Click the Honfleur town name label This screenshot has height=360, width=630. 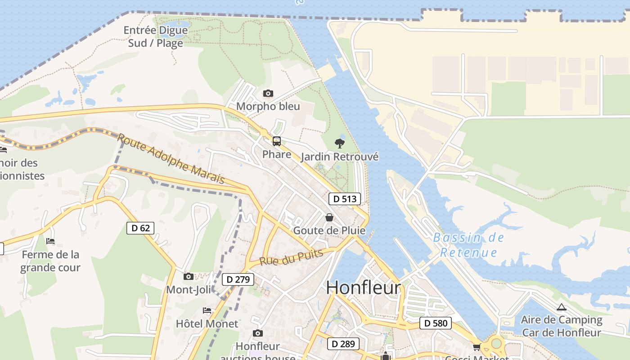(x=363, y=288)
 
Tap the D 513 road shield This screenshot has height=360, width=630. (x=345, y=199)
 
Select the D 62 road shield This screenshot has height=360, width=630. (x=140, y=228)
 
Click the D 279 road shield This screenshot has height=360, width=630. (x=238, y=279)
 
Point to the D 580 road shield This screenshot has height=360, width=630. (x=436, y=323)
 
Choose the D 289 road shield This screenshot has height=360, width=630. (x=343, y=344)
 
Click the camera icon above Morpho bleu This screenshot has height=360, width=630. (x=268, y=94)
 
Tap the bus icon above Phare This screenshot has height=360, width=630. (x=277, y=141)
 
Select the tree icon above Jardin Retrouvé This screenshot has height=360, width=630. (x=340, y=144)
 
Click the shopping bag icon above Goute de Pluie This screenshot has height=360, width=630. (x=329, y=218)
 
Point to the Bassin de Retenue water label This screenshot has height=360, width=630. (x=469, y=245)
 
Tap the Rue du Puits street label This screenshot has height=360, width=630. (x=291, y=257)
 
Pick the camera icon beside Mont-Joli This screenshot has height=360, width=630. (x=188, y=276)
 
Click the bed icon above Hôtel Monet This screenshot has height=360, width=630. (x=207, y=310)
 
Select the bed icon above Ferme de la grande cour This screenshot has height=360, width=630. (x=50, y=242)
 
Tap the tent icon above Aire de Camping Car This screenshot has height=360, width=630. (x=561, y=307)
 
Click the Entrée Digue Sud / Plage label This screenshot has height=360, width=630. (x=156, y=37)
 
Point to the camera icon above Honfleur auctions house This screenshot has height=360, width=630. (x=258, y=333)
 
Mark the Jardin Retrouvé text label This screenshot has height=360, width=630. (x=340, y=157)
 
